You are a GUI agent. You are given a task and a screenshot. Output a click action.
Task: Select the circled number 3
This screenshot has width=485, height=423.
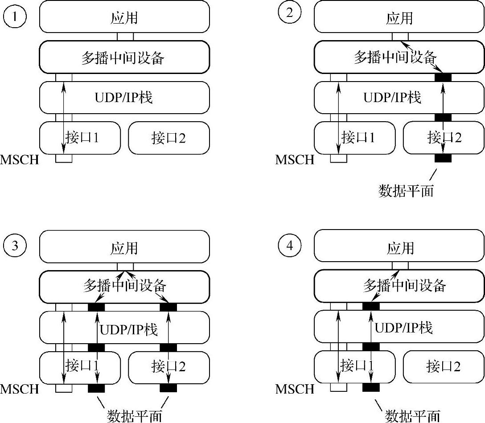point(15,246)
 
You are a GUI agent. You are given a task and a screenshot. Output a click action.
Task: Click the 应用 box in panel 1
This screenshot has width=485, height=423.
point(124,17)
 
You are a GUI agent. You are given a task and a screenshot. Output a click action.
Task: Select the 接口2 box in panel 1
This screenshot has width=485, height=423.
point(169,138)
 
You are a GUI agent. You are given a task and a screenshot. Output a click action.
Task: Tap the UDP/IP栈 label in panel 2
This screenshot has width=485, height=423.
point(392,97)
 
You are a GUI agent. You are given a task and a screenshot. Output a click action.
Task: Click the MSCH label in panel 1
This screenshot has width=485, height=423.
point(20,159)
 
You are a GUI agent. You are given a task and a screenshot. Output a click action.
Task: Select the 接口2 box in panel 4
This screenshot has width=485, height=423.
point(444,367)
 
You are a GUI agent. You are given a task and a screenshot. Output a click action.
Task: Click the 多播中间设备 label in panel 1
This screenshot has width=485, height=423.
point(123,57)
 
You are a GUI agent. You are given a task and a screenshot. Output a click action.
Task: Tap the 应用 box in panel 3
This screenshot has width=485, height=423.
point(124,248)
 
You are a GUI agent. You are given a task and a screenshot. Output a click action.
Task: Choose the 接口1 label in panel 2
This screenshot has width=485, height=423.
point(358,137)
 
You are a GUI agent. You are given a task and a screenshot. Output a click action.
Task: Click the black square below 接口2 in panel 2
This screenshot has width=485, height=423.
point(443,158)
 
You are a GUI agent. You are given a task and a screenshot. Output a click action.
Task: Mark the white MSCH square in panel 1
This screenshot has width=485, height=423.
point(64,158)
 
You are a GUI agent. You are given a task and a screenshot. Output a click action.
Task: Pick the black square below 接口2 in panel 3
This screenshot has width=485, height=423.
point(169,388)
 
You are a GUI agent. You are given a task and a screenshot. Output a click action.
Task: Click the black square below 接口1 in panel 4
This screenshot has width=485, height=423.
point(371,388)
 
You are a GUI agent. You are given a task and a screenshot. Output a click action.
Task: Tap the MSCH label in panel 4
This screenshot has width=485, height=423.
point(295,389)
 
